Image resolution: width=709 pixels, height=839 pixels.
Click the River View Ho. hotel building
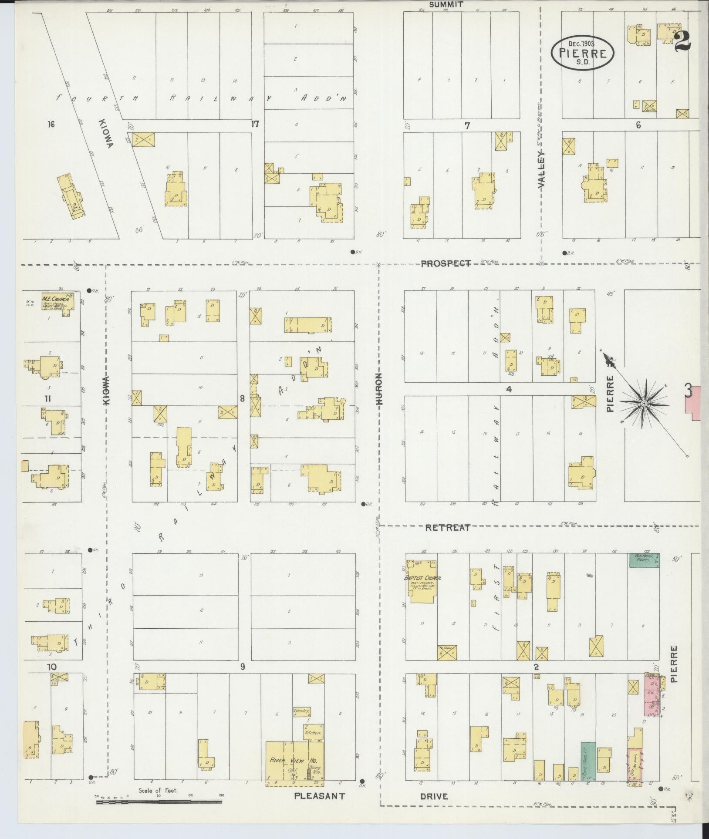[294, 762]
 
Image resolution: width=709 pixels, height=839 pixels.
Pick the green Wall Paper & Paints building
[644, 559]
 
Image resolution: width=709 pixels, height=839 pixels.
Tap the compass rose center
[643, 404]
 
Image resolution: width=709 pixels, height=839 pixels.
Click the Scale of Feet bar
[159, 800]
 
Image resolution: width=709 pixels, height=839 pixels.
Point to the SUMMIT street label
[446, 4]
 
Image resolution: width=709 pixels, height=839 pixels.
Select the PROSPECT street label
[446, 263]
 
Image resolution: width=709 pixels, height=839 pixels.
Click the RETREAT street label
[448, 528]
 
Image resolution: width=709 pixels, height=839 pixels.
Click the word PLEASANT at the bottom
[320, 796]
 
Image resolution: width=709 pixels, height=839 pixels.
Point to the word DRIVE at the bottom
[434, 796]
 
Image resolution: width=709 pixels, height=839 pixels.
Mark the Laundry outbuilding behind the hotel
[301, 711]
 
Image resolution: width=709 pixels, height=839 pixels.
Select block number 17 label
[255, 125]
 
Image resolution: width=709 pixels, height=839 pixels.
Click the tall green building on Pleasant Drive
[588, 761]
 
